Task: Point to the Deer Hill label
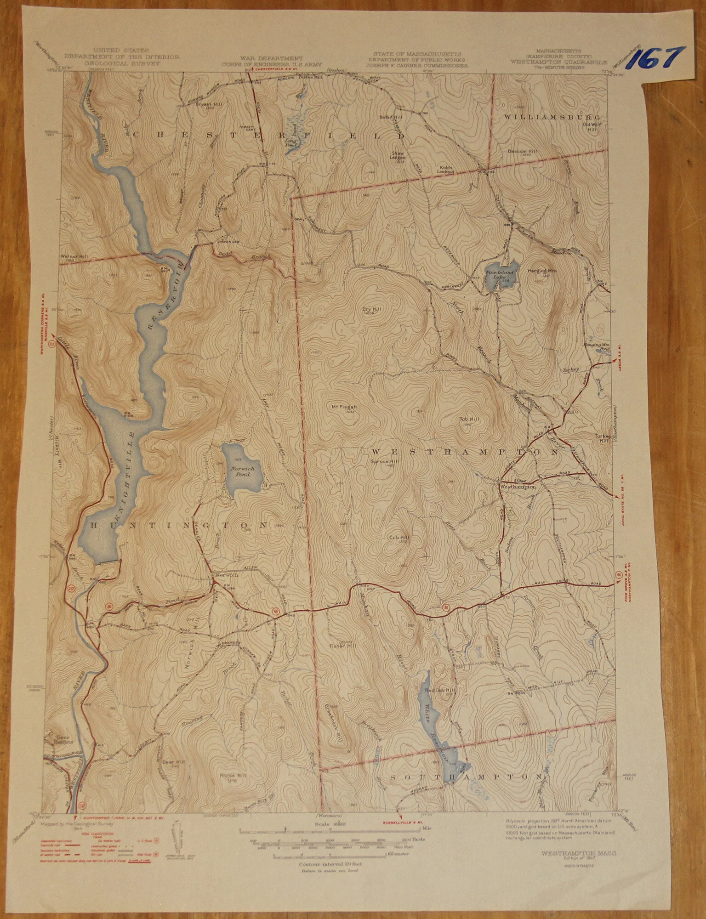pyautogui.click(x=173, y=762)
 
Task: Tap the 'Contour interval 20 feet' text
pyautogui.click(x=330, y=864)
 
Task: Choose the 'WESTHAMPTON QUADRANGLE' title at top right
pyautogui.click(x=558, y=62)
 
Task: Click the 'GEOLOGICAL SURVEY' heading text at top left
pyautogui.click(x=121, y=63)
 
